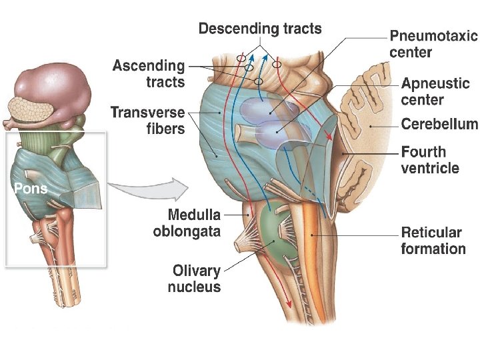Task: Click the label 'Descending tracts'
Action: tap(260, 29)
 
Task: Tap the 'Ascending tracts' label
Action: tap(149, 73)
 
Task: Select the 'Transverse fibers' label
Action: tap(147, 120)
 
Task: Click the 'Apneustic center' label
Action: tap(435, 92)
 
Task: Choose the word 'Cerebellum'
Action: tap(439, 124)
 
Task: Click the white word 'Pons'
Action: tap(31, 189)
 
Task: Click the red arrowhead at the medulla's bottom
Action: tap(289, 303)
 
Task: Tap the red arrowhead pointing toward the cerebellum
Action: tap(329, 136)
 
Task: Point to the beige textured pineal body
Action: tap(30, 109)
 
